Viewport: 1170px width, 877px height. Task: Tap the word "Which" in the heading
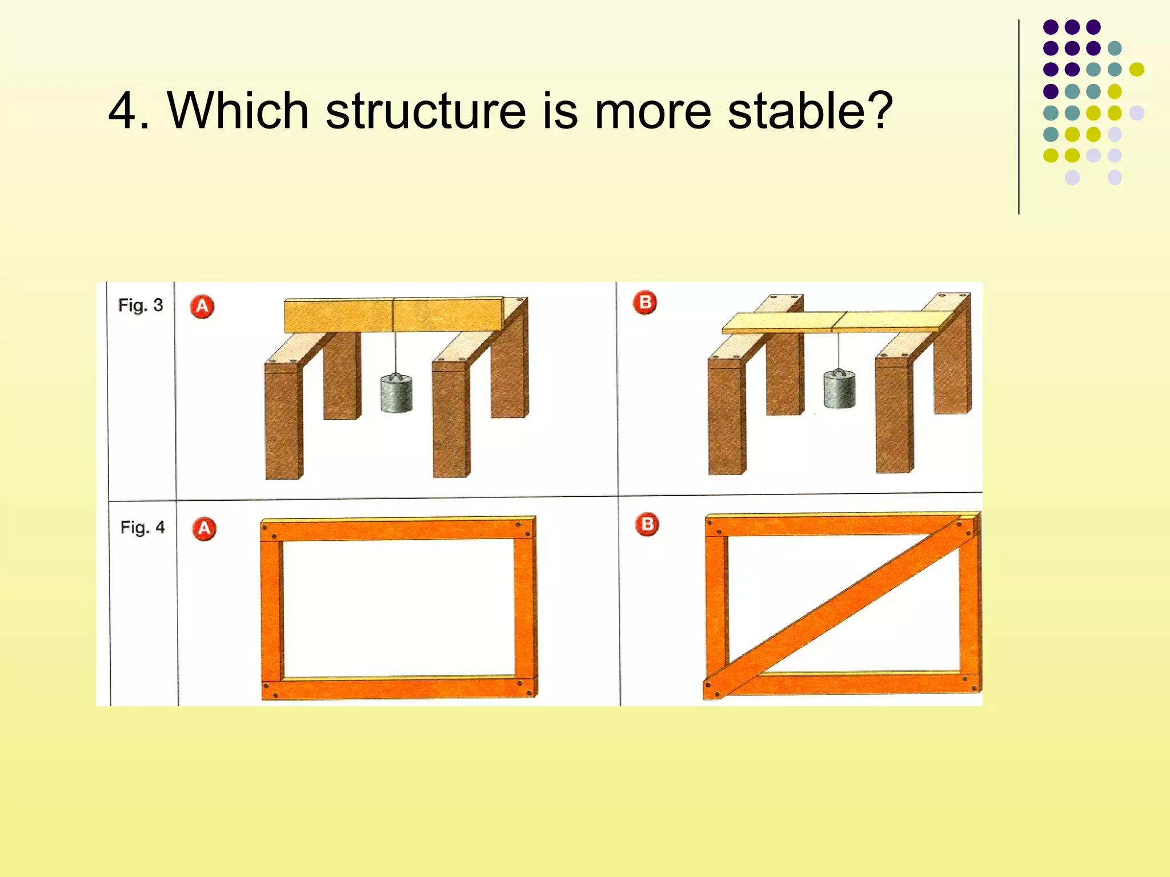238,111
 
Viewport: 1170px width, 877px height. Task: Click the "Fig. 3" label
141,305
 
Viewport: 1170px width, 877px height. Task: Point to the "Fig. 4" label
142,527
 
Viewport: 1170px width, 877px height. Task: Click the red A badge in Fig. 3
202,307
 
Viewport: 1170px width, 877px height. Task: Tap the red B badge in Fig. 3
645,303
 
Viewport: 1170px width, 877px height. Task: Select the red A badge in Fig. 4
204,529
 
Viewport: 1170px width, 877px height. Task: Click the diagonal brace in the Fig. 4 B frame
840,605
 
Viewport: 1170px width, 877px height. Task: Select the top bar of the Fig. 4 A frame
398,529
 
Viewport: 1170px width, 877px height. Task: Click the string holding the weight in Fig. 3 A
395,351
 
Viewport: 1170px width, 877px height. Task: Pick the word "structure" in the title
426,111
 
